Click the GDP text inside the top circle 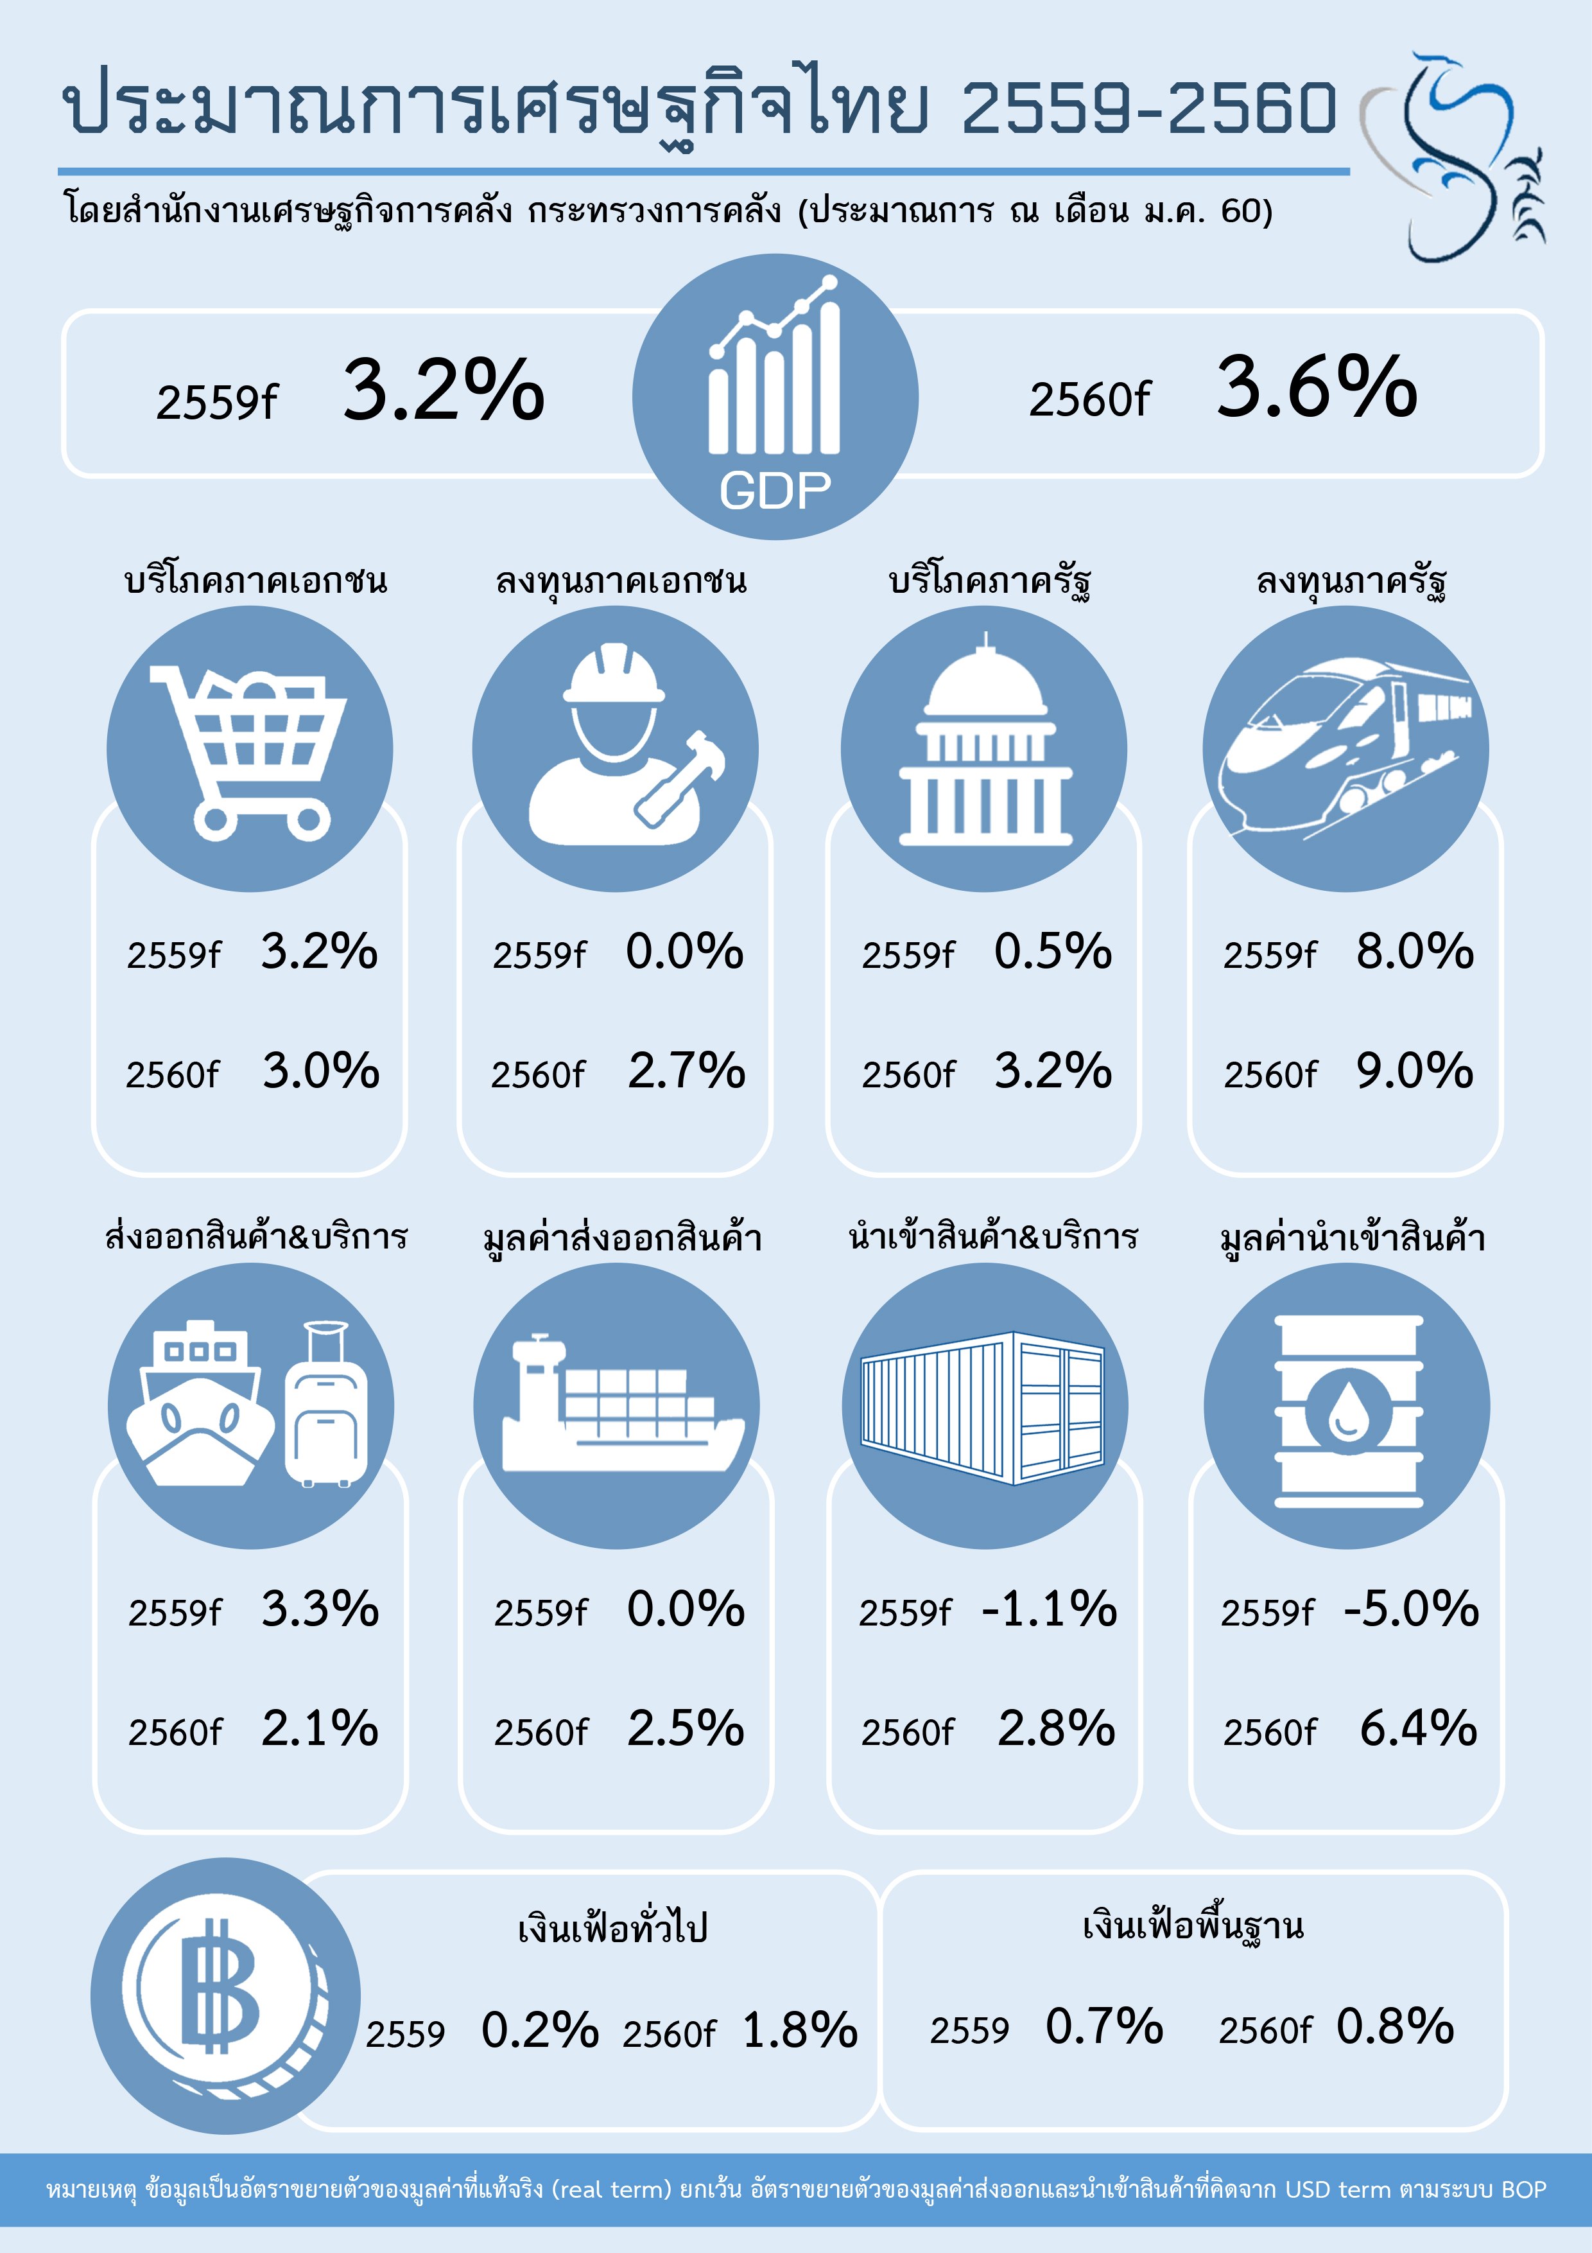pyautogui.click(x=775, y=491)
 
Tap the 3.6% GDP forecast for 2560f pyautogui.click(x=1317, y=388)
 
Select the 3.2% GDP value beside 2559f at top pyautogui.click(x=444, y=390)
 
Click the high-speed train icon pyautogui.click(x=1345, y=748)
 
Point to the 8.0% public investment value pyautogui.click(x=1414, y=952)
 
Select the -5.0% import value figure pyautogui.click(x=1410, y=1609)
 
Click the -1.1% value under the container pyautogui.click(x=1048, y=1609)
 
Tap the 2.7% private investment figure pyautogui.click(x=687, y=1071)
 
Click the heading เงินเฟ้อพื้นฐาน pyautogui.click(x=1193, y=1926)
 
